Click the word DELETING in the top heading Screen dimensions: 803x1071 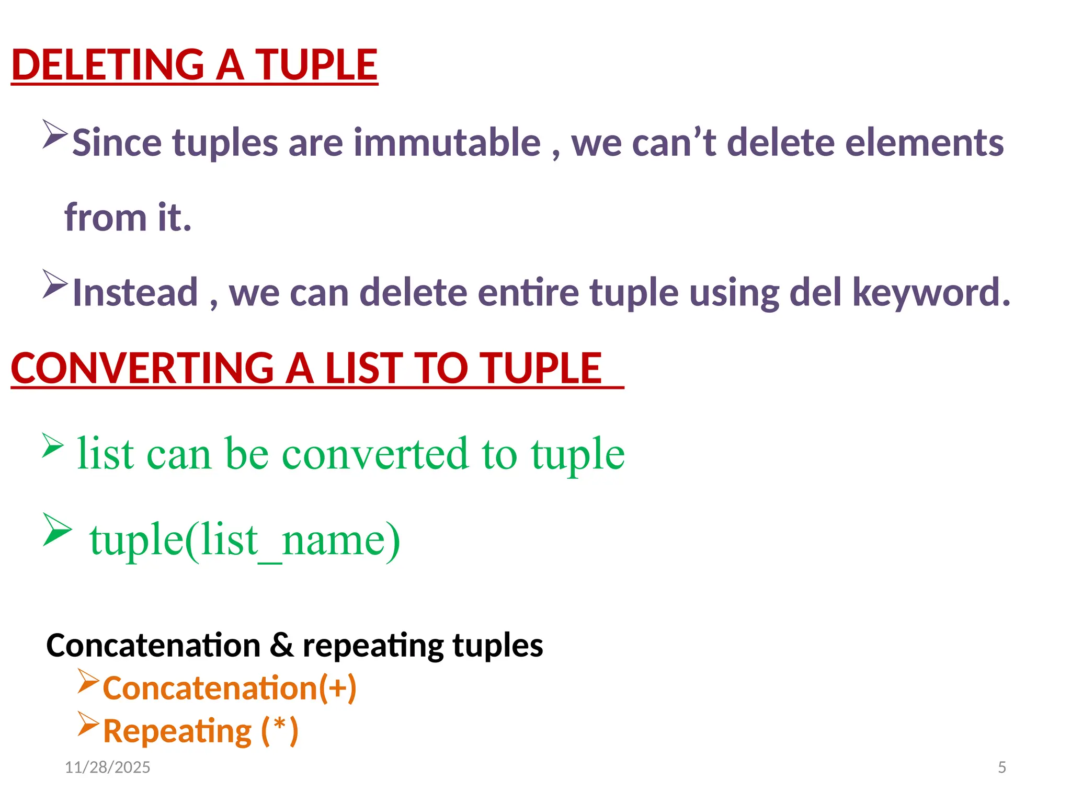(108, 65)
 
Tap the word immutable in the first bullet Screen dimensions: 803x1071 (447, 142)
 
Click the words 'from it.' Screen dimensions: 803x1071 (128, 217)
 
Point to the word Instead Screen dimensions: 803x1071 (135, 292)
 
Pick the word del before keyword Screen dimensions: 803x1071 (815, 292)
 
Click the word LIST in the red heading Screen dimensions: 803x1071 (363, 368)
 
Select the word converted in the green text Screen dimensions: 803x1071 (375, 453)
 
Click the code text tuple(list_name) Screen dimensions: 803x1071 (245, 540)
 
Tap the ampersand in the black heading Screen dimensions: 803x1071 (282, 645)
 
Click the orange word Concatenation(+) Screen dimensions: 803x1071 (230, 687)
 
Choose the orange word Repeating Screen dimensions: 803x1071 (177, 730)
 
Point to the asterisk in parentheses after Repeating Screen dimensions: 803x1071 (280, 727)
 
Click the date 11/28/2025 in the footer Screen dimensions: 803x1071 (107, 767)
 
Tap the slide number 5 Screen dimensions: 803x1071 (1002, 767)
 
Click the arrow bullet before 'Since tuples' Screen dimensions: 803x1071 (55, 134)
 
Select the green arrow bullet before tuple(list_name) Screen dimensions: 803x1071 (57, 530)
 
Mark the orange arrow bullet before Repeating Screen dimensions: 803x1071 (88, 724)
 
